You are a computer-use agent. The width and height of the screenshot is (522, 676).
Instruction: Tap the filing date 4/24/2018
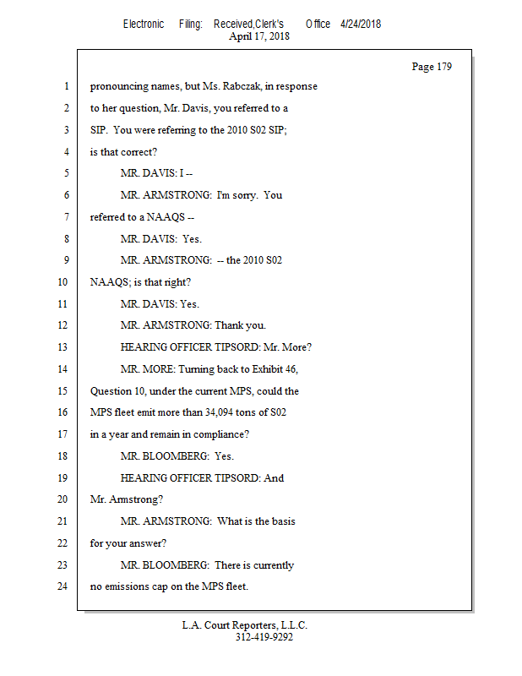click(x=361, y=24)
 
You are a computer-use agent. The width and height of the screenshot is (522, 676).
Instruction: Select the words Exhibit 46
click(x=275, y=369)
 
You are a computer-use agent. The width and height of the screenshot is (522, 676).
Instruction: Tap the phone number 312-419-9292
click(x=264, y=638)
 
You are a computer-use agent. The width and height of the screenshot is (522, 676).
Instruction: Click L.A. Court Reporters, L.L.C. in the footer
click(x=245, y=625)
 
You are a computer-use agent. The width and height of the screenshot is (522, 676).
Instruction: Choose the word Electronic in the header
click(x=144, y=24)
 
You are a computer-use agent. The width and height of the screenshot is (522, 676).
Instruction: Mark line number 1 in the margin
click(x=66, y=86)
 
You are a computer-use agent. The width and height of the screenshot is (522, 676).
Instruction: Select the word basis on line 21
click(x=280, y=521)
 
